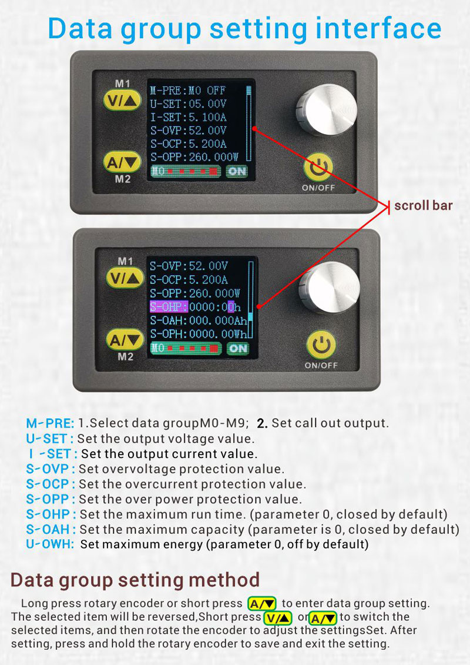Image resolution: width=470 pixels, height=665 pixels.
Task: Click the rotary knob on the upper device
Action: click(326, 109)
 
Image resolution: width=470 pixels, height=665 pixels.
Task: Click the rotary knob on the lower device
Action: click(329, 287)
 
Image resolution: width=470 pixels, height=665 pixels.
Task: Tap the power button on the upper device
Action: click(318, 166)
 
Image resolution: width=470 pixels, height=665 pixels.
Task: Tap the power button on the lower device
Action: click(321, 345)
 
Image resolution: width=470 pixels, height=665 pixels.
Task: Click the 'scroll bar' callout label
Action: click(424, 206)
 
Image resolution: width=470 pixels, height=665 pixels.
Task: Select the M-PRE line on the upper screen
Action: click(188, 91)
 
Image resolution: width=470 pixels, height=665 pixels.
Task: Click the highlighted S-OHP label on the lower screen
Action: click(169, 307)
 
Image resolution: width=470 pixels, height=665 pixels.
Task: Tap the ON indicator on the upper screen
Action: click(237, 171)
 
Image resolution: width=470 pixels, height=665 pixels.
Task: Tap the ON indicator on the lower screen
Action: click(238, 349)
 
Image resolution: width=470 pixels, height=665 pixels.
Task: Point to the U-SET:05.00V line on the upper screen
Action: click(188, 104)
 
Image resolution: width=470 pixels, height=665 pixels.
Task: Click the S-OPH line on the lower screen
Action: click(198, 334)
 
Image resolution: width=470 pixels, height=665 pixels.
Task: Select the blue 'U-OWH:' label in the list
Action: click(49, 544)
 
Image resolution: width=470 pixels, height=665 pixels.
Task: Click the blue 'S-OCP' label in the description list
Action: click(48, 484)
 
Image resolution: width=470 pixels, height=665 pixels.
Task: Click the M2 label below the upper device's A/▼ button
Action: click(122, 179)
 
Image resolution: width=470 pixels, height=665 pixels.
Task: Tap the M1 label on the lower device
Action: click(125, 261)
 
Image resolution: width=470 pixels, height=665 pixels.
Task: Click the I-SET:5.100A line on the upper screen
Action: click(188, 117)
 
